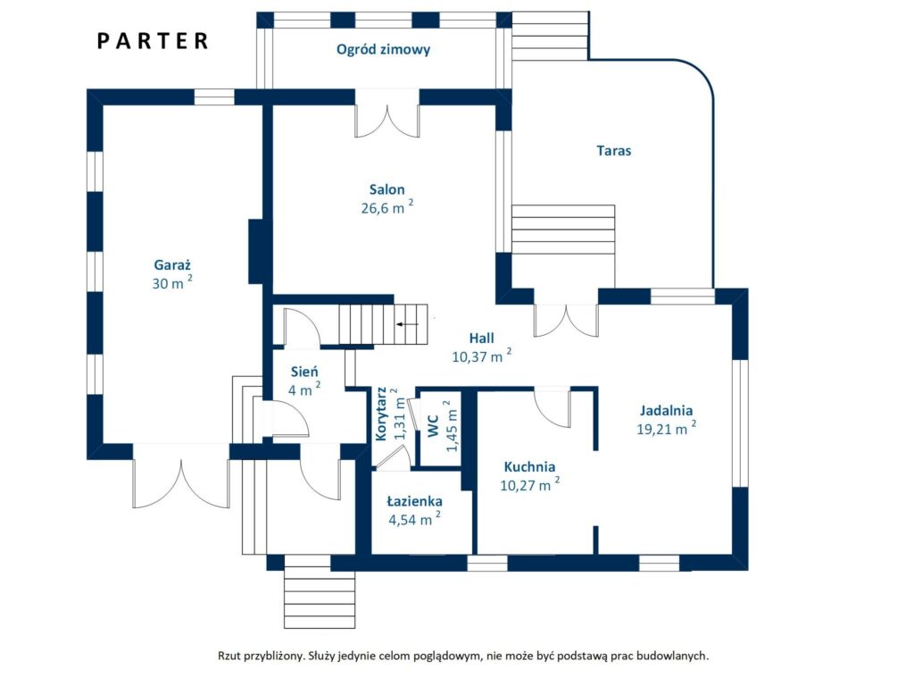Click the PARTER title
(152, 41)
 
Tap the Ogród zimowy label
(383, 50)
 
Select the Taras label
(614, 150)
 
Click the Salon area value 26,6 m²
(387, 207)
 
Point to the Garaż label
(172, 264)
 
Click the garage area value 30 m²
(172, 282)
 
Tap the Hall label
(481, 338)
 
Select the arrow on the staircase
(407, 323)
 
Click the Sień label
(304, 372)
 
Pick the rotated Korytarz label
(381, 414)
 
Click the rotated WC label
(433, 426)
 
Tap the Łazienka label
(414, 501)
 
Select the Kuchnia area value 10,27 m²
(530, 484)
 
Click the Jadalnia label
(666, 410)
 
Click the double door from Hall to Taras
(566, 321)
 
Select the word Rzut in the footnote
(229, 656)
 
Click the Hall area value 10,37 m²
(481, 356)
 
